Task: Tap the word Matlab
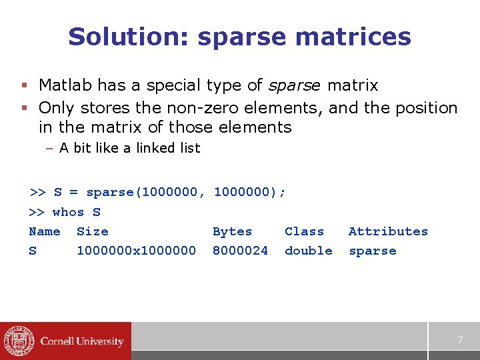tap(65, 85)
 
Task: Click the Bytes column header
tap(232, 232)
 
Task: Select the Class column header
tap(304, 232)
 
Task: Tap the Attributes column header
tap(388, 232)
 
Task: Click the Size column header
tap(92, 232)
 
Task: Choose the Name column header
tap(45, 232)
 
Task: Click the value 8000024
tap(240, 251)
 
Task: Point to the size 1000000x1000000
tap(136, 251)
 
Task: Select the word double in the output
tap(308, 251)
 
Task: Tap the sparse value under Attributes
tap(372, 251)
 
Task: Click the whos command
tap(68, 213)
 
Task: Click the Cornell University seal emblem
tap(17, 341)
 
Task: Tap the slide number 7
tap(459, 341)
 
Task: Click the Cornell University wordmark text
tap(82, 341)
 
